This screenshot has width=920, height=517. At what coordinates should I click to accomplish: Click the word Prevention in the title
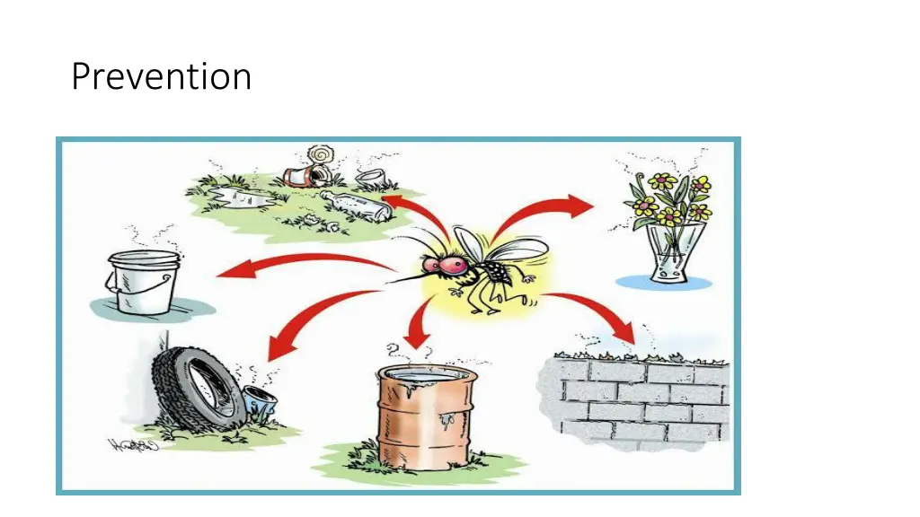[x=161, y=77]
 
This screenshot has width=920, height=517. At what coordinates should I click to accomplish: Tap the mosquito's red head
[x=443, y=265]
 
